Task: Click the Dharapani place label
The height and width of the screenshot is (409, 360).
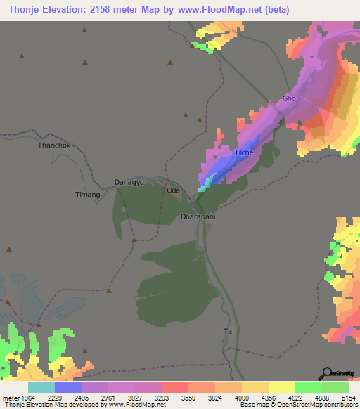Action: coord(198,217)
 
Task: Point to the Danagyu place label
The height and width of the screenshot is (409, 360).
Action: coord(129,182)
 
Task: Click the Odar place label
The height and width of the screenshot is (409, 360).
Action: coord(174,190)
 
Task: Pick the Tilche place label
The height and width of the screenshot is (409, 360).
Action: coord(243,152)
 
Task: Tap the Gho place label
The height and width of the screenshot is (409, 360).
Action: coord(289,98)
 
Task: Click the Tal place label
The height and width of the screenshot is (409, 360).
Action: coord(227,330)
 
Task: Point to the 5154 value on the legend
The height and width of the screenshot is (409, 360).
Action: coord(349,379)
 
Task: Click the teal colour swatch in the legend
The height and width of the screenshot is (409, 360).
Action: coord(41,388)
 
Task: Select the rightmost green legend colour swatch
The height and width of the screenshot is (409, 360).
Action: coord(335,388)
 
